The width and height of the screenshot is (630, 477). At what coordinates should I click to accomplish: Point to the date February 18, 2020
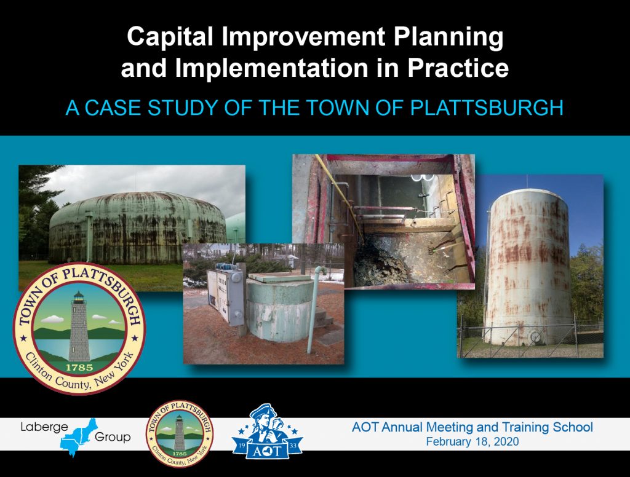472,442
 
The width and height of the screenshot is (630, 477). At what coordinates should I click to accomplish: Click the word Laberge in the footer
43,427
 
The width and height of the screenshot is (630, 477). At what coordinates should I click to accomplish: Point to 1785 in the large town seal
78,368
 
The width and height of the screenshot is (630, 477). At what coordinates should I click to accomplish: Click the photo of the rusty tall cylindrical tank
529,264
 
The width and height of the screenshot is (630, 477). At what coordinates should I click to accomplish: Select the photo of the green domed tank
132,209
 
